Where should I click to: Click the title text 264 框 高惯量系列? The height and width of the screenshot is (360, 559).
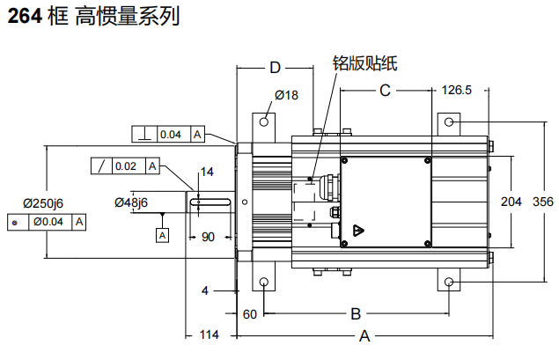(93, 17)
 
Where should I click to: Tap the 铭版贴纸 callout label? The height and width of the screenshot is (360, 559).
(364, 62)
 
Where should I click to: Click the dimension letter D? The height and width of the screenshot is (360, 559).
(275, 69)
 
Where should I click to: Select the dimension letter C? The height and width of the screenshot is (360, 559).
(385, 90)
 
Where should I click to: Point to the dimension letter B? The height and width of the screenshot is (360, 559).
(356, 313)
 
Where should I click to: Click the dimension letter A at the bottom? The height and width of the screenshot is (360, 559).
(364, 335)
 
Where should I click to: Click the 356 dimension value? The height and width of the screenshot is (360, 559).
(543, 202)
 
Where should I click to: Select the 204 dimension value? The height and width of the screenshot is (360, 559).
(511, 202)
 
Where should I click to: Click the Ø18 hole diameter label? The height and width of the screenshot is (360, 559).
(288, 95)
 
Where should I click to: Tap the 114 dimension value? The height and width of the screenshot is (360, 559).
(208, 335)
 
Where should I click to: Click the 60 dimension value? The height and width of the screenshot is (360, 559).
(249, 313)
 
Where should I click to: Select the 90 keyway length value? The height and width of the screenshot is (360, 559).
(209, 237)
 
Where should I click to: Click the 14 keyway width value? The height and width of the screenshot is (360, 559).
(207, 172)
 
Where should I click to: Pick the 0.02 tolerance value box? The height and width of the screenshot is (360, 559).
(126, 166)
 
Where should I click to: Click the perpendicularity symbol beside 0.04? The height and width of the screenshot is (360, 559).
(143, 135)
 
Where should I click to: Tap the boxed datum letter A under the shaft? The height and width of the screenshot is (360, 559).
(162, 235)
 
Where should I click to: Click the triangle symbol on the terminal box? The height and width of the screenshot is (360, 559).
(359, 231)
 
